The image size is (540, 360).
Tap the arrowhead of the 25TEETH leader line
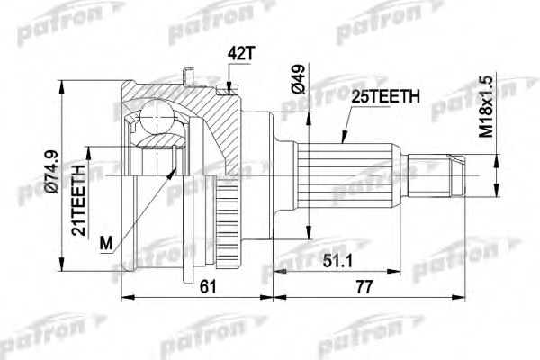tap(343, 142)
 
